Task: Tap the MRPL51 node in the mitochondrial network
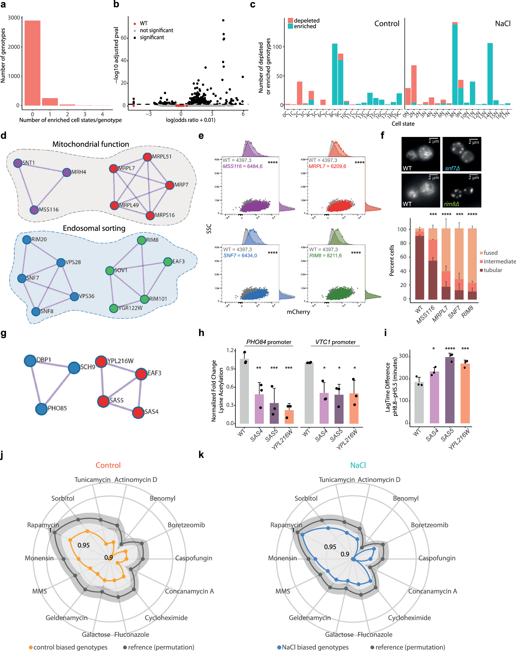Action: point(147,157)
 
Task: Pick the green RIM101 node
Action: point(144,299)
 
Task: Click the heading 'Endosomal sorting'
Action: point(94,228)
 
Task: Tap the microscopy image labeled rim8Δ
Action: point(461,190)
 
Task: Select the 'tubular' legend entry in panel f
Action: point(493,270)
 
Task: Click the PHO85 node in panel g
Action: point(41,409)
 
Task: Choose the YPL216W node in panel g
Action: point(101,361)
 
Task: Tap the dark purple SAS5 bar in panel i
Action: point(450,390)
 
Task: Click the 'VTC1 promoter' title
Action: point(335,342)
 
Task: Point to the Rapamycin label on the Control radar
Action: point(43,525)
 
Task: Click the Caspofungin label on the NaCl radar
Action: point(437,558)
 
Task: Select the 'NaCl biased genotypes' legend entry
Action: point(315,647)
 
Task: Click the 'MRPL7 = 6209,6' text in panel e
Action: point(327,166)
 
